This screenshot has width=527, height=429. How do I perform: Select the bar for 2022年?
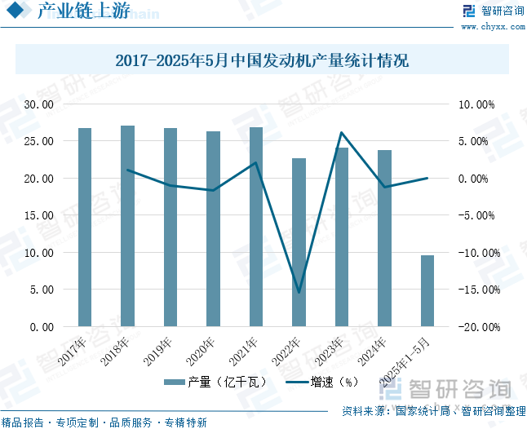tap(299, 242)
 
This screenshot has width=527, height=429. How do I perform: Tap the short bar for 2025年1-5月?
tap(427, 290)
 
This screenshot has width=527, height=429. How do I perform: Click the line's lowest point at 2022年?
tap(299, 292)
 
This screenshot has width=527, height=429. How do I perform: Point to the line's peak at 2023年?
tap(341, 133)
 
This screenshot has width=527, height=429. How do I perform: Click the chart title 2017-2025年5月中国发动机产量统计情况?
tap(262, 61)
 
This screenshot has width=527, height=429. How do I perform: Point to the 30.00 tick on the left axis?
tap(38, 104)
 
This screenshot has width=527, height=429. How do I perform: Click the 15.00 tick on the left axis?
tap(38, 215)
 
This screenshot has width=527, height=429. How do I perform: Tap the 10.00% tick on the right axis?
tap(477, 104)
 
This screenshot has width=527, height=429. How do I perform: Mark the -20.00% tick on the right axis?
tap(476, 326)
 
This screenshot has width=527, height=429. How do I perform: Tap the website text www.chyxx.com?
tap(494, 27)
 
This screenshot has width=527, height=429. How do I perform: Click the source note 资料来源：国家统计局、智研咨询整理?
tap(433, 412)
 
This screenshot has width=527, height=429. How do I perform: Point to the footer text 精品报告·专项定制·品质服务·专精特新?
tap(104, 422)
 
